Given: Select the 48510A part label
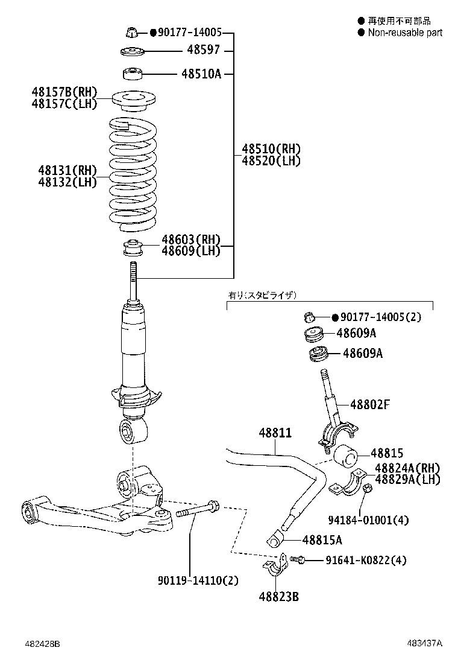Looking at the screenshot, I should click(201, 74).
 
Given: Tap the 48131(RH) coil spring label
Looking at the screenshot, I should click(67, 170).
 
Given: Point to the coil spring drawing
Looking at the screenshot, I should click(132, 175).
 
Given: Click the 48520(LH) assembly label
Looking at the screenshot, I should click(271, 161).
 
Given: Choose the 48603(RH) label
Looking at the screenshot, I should click(191, 240).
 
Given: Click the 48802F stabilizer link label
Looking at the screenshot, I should click(370, 405).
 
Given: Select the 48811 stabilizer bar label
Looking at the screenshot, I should click(275, 433).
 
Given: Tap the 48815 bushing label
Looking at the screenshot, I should click(386, 453).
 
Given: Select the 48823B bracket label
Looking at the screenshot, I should click(279, 597).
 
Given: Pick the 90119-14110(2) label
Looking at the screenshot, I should click(198, 581).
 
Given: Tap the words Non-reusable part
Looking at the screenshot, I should click(405, 33).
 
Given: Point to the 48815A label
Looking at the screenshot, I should click(322, 540).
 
